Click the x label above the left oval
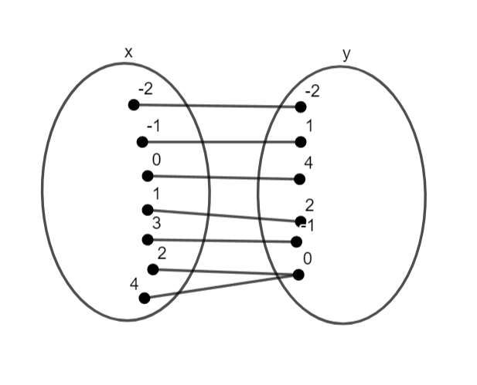click(x=128, y=52)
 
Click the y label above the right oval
click(x=346, y=53)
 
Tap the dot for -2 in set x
click(x=134, y=105)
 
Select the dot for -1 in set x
click(x=141, y=141)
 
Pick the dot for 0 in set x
click(x=147, y=176)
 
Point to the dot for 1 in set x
click(x=148, y=209)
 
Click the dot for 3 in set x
click(x=147, y=239)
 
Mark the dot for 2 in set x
click(x=153, y=269)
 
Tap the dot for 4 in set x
click(x=144, y=298)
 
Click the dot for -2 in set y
click(x=300, y=106)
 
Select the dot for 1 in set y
click(x=300, y=141)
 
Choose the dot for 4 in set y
click(x=300, y=179)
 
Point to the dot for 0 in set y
click(x=298, y=274)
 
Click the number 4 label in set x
click(x=134, y=283)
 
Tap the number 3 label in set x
click(x=156, y=224)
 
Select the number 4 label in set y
click(x=308, y=164)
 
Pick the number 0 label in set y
click(x=308, y=258)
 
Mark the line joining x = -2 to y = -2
click(x=216, y=106)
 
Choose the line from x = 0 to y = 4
click(x=224, y=177)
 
